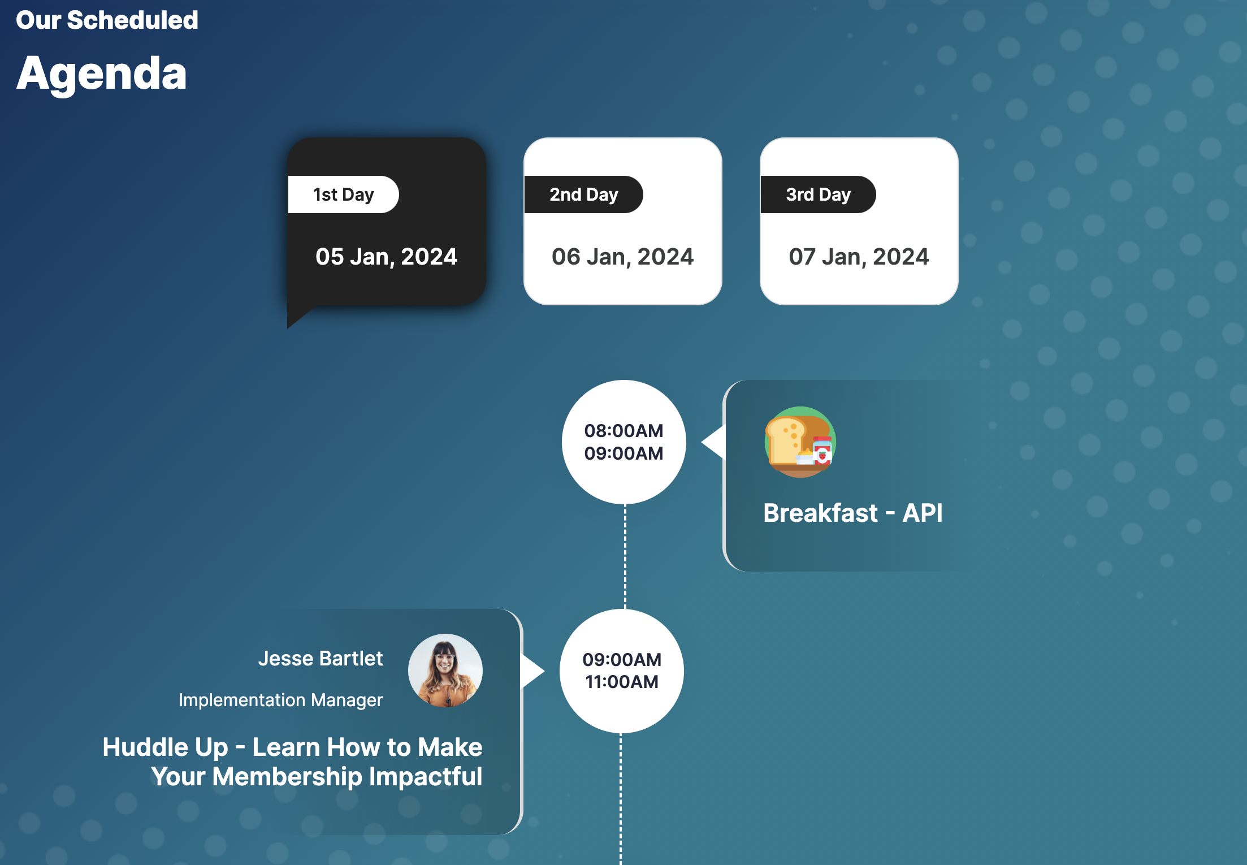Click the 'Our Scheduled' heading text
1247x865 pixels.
point(107,20)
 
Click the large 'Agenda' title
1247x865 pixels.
point(102,73)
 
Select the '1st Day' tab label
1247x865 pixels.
point(343,194)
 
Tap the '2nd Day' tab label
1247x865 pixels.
point(584,194)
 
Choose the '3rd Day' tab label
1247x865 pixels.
point(818,194)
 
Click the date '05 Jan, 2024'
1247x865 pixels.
point(386,257)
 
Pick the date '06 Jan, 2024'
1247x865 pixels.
point(622,257)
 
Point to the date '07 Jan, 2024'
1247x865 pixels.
point(859,257)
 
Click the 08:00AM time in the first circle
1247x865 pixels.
point(623,431)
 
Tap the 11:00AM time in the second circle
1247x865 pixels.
point(622,682)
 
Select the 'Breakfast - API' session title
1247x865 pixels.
point(853,513)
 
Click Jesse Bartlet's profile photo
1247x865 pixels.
point(445,671)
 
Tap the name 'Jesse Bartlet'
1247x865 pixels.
point(321,659)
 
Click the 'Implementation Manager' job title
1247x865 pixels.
point(280,700)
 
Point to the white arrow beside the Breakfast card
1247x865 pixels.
point(714,442)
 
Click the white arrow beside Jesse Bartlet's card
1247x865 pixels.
point(532,671)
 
